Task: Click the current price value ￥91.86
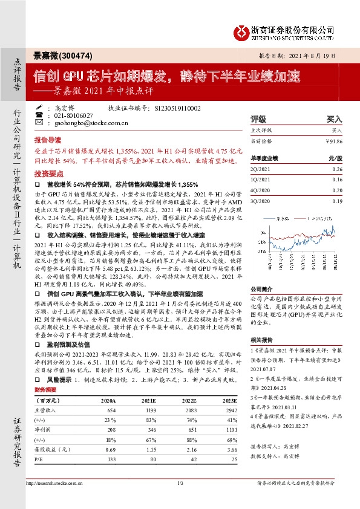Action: [x=333, y=140]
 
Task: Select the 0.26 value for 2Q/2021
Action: [x=338, y=170]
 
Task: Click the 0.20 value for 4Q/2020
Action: [x=338, y=190]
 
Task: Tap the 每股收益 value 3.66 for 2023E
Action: [x=230, y=449]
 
